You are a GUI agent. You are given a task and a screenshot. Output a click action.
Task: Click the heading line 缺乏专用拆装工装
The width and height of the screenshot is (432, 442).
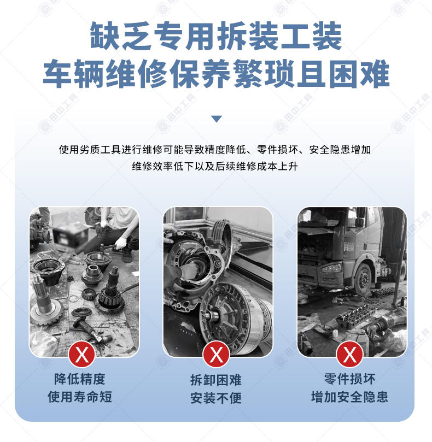click(x=216, y=36)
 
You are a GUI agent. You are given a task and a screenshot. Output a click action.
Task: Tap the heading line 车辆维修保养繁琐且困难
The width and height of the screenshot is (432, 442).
click(x=216, y=74)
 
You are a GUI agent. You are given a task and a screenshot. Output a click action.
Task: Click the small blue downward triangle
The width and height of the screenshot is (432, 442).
click(x=217, y=119)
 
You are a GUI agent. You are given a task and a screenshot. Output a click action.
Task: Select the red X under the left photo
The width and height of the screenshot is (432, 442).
click(x=82, y=355)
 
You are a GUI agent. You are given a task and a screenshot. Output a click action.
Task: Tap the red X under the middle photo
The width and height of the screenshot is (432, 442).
click(x=216, y=355)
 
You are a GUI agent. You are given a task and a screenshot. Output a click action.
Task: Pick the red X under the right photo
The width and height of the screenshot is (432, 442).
click(x=349, y=355)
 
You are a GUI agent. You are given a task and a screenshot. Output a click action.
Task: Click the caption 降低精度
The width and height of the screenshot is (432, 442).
click(x=80, y=379)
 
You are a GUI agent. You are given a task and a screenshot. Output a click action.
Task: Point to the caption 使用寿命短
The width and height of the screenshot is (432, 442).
click(x=80, y=397)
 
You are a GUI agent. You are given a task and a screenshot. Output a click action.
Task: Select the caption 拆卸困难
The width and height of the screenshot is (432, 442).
click(x=216, y=380)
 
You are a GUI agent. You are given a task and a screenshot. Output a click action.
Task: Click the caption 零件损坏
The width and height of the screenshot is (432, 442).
click(x=349, y=379)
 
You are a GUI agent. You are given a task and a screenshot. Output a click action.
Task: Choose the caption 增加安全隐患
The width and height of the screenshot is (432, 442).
click(x=349, y=397)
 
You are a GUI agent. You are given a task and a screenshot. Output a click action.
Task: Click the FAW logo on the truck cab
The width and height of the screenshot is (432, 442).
click(x=349, y=246)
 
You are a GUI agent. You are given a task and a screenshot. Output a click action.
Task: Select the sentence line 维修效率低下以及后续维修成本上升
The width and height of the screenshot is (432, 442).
click(x=215, y=166)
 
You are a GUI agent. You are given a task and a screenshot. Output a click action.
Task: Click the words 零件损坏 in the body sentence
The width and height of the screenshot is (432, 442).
click(x=277, y=149)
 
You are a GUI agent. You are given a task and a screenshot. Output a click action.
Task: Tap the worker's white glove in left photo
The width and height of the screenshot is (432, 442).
click(x=121, y=243)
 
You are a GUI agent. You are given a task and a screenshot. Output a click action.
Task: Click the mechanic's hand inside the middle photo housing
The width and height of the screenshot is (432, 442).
click(x=188, y=270)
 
